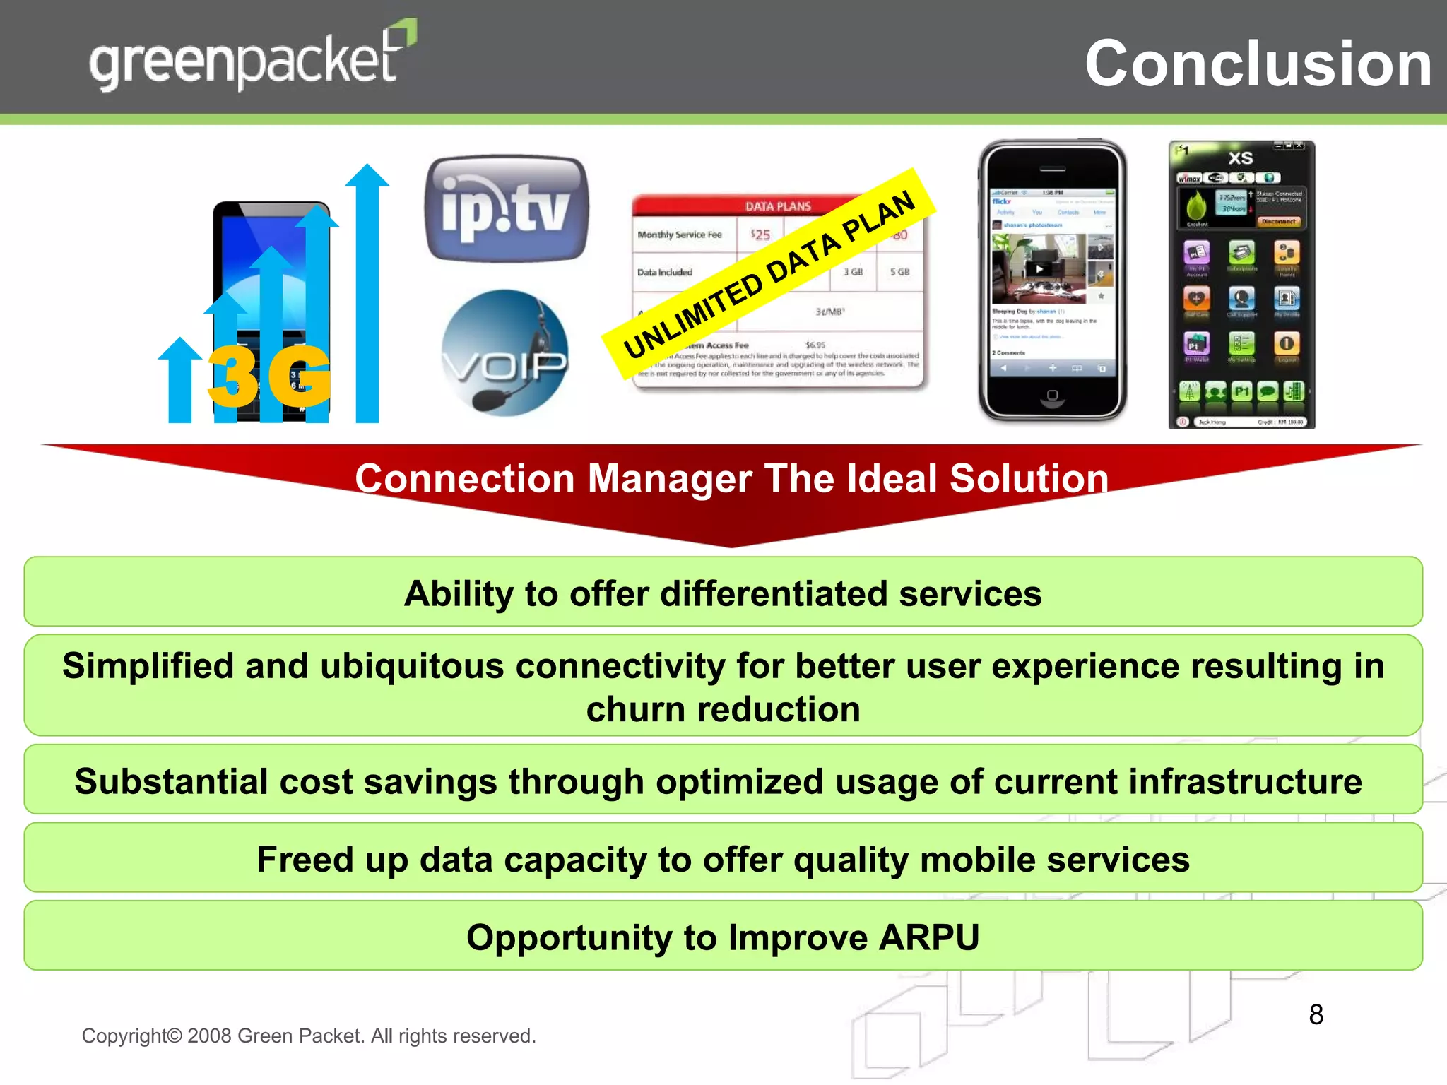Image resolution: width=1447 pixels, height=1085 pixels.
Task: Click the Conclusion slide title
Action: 1258,64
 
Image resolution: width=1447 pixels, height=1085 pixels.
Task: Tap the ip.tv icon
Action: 506,209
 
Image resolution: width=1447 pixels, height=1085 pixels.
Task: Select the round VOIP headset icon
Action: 504,353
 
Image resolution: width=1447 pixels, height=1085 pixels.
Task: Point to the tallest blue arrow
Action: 367,297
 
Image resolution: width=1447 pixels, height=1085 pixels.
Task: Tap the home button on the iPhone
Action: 1052,395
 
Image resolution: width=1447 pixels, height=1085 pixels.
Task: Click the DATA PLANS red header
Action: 777,206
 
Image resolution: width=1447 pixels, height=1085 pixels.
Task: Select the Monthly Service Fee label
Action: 679,235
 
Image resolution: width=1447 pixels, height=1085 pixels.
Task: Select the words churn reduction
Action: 723,709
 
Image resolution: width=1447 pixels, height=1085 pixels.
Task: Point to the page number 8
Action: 1316,1014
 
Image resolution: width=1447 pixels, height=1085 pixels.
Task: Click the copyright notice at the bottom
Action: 309,1036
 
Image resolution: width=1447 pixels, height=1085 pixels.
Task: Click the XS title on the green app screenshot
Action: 1240,158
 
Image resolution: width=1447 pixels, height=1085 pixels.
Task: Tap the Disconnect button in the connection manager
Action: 1277,221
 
